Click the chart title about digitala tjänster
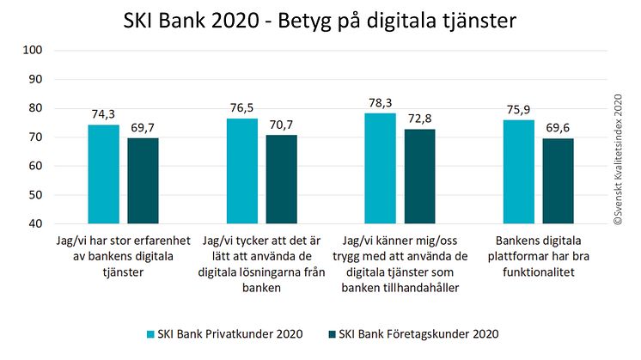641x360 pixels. [x=320, y=20]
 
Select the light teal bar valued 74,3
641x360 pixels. [x=104, y=174]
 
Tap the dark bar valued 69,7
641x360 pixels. [x=143, y=180]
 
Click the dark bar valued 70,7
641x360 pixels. [x=282, y=179]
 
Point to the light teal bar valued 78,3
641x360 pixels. [x=381, y=168]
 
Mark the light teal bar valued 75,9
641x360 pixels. [x=519, y=171]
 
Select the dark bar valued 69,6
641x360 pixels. [x=559, y=180]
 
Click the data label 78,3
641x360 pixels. [x=381, y=103]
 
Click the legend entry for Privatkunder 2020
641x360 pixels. [x=228, y=333]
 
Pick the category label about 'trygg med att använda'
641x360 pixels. [x=401, y=264]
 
